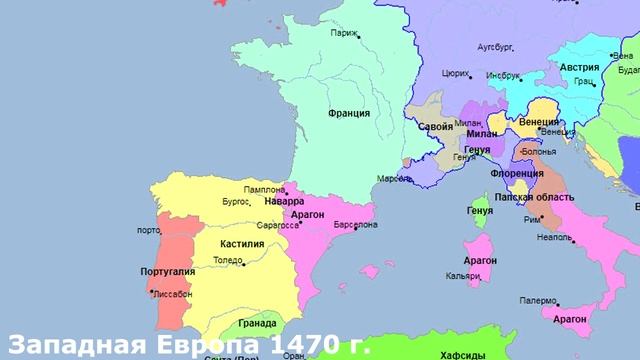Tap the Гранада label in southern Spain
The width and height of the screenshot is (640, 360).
[x=259, y=323]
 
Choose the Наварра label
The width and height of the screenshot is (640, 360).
[x=284, y=201]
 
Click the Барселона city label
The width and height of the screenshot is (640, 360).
[x=355, y=225]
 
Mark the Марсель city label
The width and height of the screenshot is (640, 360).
[x=393, y=179]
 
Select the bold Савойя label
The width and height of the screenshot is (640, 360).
[x=434, y=128]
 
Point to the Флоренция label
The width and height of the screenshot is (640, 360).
[x=517, y=173]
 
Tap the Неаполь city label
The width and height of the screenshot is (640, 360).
[x=554, y=238]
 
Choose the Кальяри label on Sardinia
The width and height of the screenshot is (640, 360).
[x=467, y=275]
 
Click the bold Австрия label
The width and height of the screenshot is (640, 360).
[x=580, y=67]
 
